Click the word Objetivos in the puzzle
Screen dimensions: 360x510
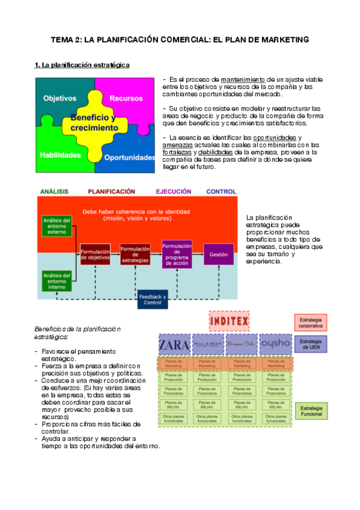(x=60, y=98)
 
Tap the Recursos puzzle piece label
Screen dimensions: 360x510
(x=126, y=98)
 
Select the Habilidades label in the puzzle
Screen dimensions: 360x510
(x=60, y=155)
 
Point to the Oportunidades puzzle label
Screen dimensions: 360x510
(x=129, y=158)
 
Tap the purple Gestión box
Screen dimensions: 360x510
(x=218, y=254)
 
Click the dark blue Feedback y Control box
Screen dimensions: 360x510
(x=153, y=299)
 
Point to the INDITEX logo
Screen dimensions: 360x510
(x=228, y=321)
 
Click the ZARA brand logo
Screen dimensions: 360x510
(x=173, y=345)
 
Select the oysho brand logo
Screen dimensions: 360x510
(x=275, y=345)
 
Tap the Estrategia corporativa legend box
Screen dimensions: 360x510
(x=311, y=322)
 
